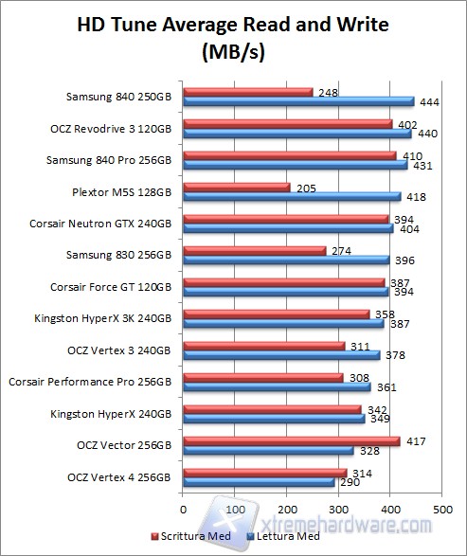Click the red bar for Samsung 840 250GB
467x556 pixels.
point(247,92)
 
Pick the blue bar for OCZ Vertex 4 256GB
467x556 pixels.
point(259,482)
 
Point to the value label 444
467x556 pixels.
point(426,101)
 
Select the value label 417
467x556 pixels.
point(414,440)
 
